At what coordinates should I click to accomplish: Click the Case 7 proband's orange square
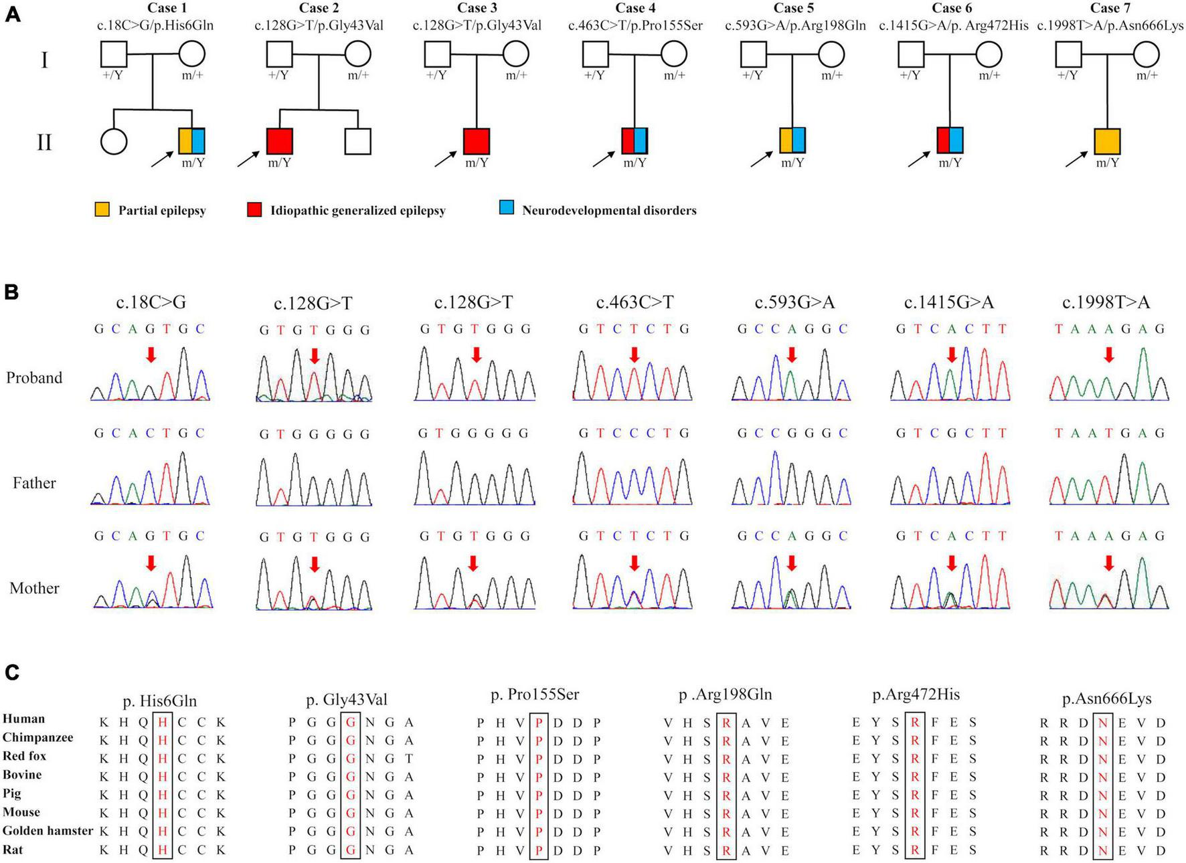[1107, 142]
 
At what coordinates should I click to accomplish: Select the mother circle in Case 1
[191, 54]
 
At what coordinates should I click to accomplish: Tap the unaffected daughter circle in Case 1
[114, 142]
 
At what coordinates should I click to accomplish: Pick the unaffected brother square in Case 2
[357, 142]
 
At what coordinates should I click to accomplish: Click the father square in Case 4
[595, 54]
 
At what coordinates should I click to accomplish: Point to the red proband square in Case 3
[477, 142]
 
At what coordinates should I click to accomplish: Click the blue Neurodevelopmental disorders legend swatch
[507, 209]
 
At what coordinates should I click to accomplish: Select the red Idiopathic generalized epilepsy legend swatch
[254, 210]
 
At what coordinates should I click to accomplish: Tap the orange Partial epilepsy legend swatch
[102, 210]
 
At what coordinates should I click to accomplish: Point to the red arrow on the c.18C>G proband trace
[151, 355]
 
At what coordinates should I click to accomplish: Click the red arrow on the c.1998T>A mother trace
[1108, 563]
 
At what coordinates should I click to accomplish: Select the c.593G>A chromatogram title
[794, 302]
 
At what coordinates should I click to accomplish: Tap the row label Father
[34, 482]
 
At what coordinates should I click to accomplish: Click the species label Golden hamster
[48, 831]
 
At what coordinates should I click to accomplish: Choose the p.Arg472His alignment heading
[916, 695]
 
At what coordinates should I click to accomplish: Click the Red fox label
[24, 756]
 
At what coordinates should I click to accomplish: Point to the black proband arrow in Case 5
[760, 159]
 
